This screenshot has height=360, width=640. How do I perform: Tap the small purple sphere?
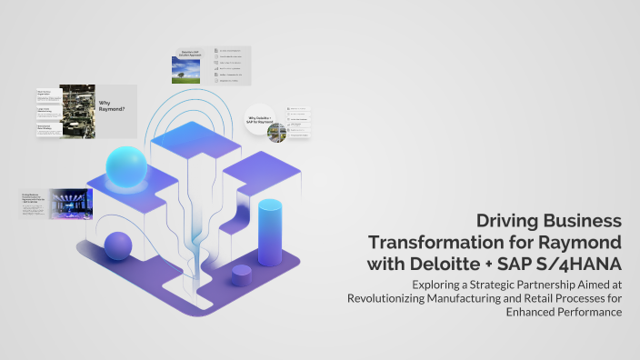[118, 245]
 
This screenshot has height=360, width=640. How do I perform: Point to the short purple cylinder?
[241, 275]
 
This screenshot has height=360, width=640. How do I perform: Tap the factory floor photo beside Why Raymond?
[77, 112]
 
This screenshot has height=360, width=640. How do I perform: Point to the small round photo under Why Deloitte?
[276, 134]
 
